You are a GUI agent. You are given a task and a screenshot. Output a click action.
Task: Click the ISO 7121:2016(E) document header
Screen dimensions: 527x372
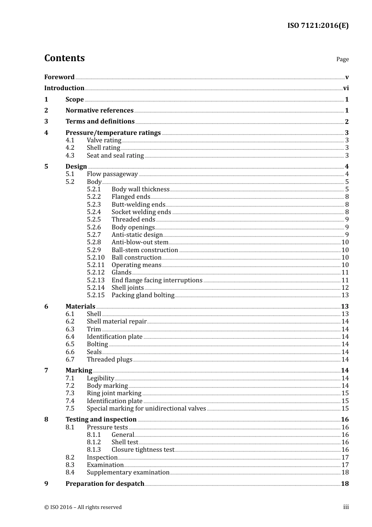point(318,26)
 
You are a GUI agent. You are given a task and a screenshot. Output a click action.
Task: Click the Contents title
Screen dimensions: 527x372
point(64,58)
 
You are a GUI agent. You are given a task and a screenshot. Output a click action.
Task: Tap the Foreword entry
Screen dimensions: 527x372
point(59,77)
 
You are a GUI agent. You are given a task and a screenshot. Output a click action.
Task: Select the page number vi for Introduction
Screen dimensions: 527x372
point(346,88)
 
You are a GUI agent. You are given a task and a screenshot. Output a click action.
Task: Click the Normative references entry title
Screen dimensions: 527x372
point(99,111)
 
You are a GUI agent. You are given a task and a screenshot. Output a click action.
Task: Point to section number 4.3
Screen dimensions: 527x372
point(70,156)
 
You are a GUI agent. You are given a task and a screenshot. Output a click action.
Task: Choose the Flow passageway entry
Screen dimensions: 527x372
point(112,174)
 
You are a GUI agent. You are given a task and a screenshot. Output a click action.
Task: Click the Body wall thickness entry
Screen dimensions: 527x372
point(140,189)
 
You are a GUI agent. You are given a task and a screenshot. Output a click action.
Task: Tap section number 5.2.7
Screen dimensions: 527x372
point(94,235)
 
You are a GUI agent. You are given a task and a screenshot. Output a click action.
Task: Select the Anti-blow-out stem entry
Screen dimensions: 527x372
point(140,242)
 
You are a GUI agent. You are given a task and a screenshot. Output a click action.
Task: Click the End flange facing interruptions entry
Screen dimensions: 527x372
point(157,280)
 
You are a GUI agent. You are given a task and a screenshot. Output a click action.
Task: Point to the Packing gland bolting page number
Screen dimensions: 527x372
point(345,295)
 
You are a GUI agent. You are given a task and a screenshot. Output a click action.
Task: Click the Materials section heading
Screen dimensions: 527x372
point(80,307)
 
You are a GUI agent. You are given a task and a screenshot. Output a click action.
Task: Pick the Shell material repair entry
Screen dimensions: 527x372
point(116,322)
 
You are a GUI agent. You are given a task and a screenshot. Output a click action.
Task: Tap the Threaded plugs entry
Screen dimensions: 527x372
point(109,360)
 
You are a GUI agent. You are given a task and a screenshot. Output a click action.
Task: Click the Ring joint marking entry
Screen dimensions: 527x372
point(114,393)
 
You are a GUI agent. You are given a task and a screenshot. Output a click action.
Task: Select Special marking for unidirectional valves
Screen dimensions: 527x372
point(146,409)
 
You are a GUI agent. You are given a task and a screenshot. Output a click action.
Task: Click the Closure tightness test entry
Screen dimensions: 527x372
point(143,450)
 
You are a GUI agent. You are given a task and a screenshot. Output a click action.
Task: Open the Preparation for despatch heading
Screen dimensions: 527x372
point(105,484)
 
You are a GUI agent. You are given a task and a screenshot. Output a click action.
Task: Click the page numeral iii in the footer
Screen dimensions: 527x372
point(346,507)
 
